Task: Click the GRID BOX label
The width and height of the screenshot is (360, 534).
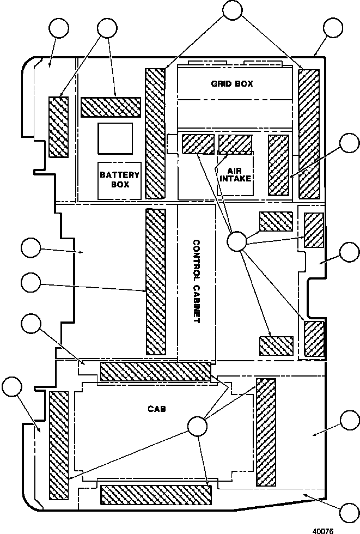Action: pos(232,83)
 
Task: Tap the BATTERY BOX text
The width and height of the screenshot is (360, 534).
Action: pos(119,179)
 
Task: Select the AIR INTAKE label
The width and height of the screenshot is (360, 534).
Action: pos(235,174)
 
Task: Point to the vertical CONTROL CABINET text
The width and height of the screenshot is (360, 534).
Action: pos(196,282)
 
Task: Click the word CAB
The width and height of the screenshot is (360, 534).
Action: pos(157,408)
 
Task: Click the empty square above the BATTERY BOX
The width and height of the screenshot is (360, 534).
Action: pos(115,138)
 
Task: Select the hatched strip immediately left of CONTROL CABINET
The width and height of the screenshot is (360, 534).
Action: pos(156,282)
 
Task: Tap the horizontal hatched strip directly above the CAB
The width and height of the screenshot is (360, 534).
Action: pos(156,372)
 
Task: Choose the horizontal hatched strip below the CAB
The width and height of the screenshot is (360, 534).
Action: pos(156,495)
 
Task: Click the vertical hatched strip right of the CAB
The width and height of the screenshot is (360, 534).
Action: pos(266,432)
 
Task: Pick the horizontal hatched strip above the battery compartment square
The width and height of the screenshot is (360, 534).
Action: pos(111,107)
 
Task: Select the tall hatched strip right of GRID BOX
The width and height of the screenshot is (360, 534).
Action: pos(309,134)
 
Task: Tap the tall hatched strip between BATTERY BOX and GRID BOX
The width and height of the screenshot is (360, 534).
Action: pos(155,133)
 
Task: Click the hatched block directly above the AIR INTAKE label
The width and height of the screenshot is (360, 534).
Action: pos(235,144)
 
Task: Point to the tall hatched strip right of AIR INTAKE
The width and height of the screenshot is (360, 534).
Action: pos(278,165)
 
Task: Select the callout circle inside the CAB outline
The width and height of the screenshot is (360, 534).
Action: pos(197,426)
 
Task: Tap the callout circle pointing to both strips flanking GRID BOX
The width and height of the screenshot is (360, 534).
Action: pos(233,10)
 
